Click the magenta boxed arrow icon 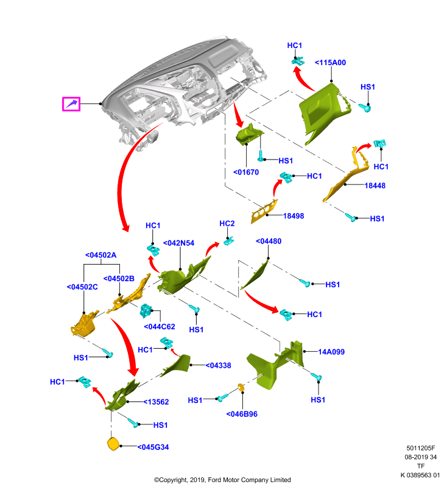pyautogui.click(x=71, y=103)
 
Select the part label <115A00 pyautogui.click(x=330, y=63)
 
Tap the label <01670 pyautogui.click(x=246, y=172)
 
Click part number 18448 pyautogui.click(x=375, y=186)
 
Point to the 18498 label pyautogui.click(x=294, y=216)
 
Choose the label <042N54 pyautogui.click(x=178, y=243)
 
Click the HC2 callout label pyautogui.click(x=227, y=223)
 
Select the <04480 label pyautogui.click(x=269, y=241)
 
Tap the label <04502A pyautogui.click(x=100, y=255)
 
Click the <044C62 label pyautogui.click(x=160, y=326)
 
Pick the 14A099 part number pyautogui.click(x=331, y=352)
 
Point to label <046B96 pyautogui.click(x=242, y=414)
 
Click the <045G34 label pyautogui.click(x=153, y=447)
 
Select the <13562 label pyautogui.click(x=156, y=402)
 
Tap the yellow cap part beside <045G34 pyautogui.click(x=113, y=444)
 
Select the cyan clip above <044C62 pyautogui.click(x=146, y=310)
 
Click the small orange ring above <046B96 pyautogui.click(x=241, y=387)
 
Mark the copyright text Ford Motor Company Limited pyautogui.click(x=249, y=480)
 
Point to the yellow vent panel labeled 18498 pyautogui.click(x=264, y=211)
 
